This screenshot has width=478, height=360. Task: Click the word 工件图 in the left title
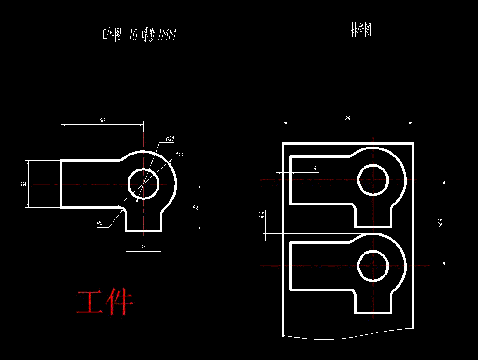pos(111,35)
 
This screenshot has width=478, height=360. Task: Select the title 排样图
pos(361,31)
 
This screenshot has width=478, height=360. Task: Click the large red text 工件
pos(105,303)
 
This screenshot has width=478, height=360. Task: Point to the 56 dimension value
pos(102,120)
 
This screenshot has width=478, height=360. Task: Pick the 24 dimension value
pos(143,248)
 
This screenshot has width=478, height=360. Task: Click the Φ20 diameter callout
pos(170,139)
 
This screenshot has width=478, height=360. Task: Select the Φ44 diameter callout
pos(179,154)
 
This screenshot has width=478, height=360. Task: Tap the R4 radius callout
pos(100,224)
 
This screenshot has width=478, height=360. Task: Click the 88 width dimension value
pos(347,119)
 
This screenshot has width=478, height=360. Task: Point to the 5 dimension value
pos(315,168)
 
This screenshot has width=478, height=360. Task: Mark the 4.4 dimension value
pos(262,215)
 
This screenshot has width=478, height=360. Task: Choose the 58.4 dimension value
pos(440,223)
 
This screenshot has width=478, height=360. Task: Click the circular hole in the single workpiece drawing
pos(143,184)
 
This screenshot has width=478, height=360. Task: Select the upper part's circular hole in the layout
pos(373,180)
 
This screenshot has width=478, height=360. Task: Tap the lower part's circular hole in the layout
pos(373,266)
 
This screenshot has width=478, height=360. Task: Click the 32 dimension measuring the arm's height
pos(23,184)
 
